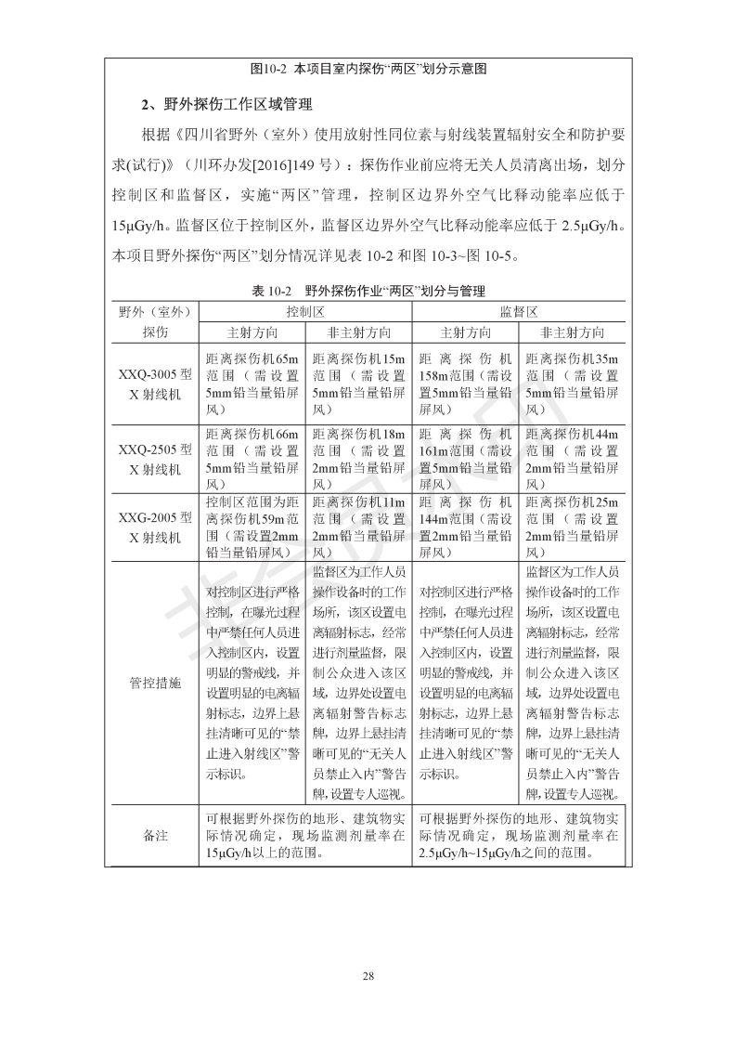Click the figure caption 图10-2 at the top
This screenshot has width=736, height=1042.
tap(369, 69)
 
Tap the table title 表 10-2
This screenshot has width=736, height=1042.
tap(368, 291)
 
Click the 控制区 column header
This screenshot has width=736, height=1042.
tap(304, 311)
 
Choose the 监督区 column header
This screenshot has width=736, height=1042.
tap(518, 311)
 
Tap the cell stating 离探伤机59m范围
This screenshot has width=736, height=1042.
tap(252, 528)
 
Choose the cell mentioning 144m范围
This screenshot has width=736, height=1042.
tap(464, 528)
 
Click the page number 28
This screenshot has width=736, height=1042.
tap(368, 976)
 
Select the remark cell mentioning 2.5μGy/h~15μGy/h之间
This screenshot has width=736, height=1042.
tap(518, 836)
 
